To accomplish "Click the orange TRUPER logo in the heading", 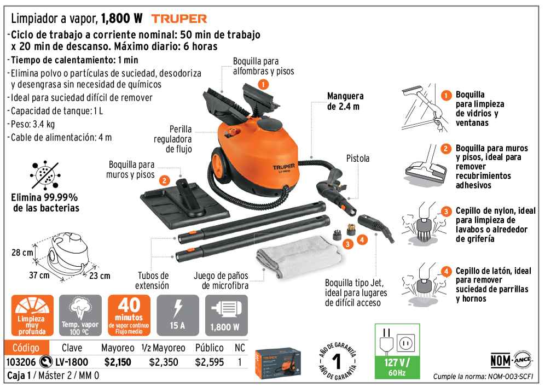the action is click(179, 19).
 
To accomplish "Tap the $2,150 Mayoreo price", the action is click(118, 362).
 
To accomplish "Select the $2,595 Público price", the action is click(209, 362).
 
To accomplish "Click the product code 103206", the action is click(21, 362).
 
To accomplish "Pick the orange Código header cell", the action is click(26, 348).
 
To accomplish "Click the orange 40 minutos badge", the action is click(129, 315).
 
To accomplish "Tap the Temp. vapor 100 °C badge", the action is click(80, 315).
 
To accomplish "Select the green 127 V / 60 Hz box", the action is click(397, 351).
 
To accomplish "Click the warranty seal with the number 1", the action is click(338, 361).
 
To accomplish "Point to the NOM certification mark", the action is click(511, 360).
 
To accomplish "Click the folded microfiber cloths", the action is click(298, 256).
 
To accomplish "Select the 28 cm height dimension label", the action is click(22, 253).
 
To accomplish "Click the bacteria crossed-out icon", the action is click(45, 175).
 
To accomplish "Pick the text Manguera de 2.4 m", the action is click(345, 101).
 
